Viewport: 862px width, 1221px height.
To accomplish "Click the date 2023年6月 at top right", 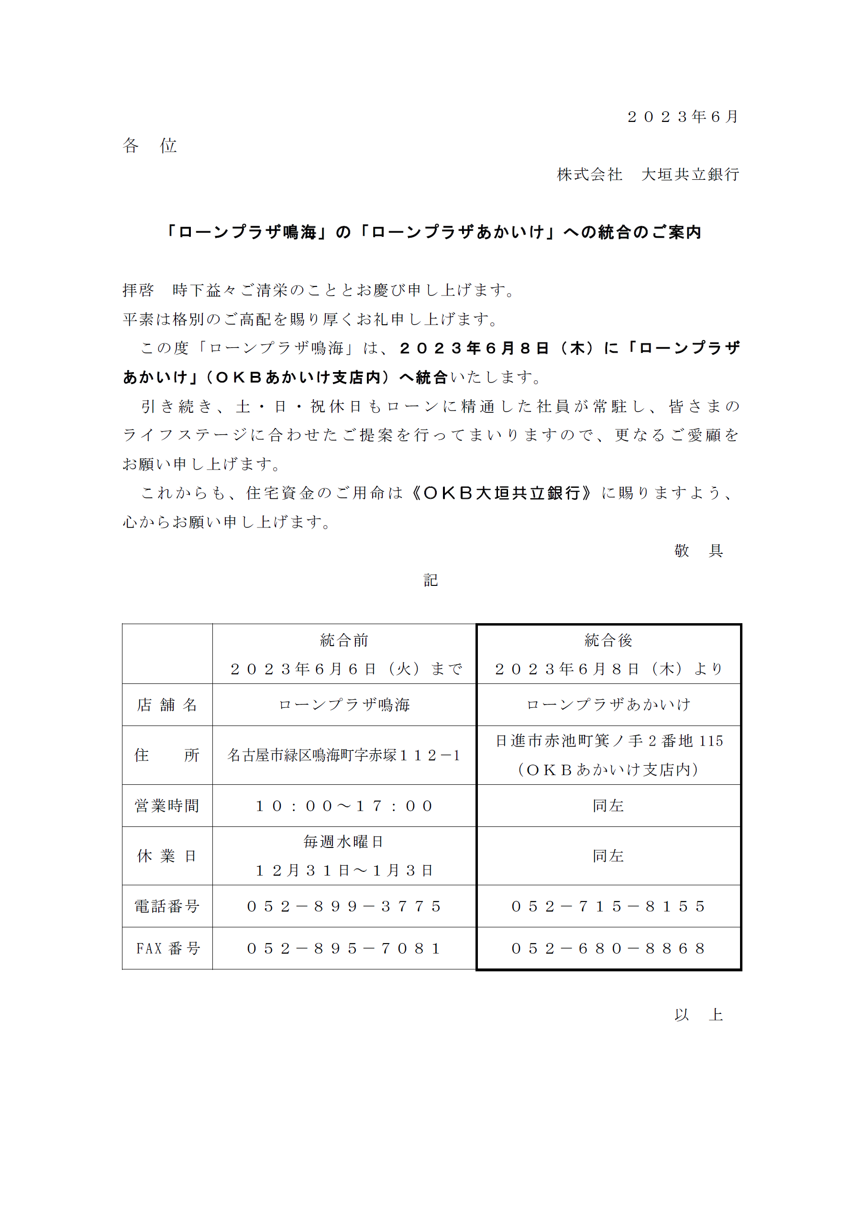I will (x=682, y=117).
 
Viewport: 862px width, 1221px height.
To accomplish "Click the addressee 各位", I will (x=149, y=145).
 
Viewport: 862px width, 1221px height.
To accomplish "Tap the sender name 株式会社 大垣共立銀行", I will (x=648, y=175).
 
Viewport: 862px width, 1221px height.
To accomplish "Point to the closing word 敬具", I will (x=698, y=550).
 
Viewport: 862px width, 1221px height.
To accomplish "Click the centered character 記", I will (x=430, y=580).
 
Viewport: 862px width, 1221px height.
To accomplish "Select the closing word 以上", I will (x=698, y=1015).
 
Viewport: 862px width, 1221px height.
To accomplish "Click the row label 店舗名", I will (x=167, y=704).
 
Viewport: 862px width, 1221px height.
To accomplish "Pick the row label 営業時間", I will (x=167, y=806).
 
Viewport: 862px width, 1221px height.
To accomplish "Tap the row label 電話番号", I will (x=167, y=906).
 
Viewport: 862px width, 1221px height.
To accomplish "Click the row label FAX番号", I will (x=167, y=948).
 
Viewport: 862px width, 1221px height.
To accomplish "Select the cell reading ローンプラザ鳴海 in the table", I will (x=344, y=704).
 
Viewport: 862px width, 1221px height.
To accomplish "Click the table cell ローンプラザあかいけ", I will (x=608, y=704).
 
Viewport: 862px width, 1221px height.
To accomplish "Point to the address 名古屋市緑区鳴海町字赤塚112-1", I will (x=344, y=755).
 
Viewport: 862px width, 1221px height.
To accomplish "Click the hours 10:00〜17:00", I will (x=344, y=806).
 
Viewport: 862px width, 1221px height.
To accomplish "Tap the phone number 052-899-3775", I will (x=344, y=906).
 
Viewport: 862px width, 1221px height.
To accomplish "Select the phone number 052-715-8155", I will (x=608, y=906).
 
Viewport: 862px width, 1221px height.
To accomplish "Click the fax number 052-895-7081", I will (x=344, y=948).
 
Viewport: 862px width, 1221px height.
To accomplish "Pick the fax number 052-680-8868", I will (x=608, y=948).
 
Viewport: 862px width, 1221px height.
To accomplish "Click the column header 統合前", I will (x=344, y=640).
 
